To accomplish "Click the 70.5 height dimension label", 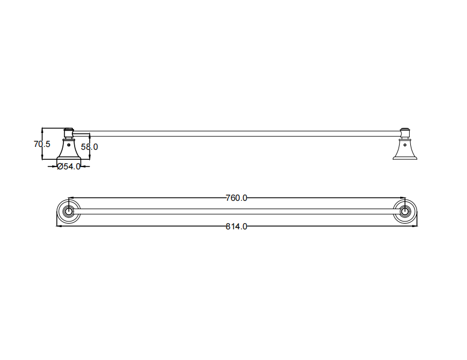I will (x=42, y=144).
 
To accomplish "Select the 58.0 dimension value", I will (x=89, y=147).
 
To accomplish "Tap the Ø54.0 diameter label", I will (x=68, y=167).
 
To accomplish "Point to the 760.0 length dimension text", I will (x=236, y=198).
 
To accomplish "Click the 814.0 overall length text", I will (x=236, y=226).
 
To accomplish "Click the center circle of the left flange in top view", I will (x=68, y=212).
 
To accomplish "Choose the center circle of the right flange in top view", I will (x=404, y=212).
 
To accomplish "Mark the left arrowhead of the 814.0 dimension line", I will (x=58, y=226).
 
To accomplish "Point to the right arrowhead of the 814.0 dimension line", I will (x=416, y=226).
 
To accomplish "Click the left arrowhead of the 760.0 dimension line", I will (x=70, y=198).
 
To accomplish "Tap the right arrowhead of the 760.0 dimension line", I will (x=402, y=198).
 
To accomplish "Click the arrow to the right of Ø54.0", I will (x=85, y=166).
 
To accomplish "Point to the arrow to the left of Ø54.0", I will (x=53, y=166).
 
